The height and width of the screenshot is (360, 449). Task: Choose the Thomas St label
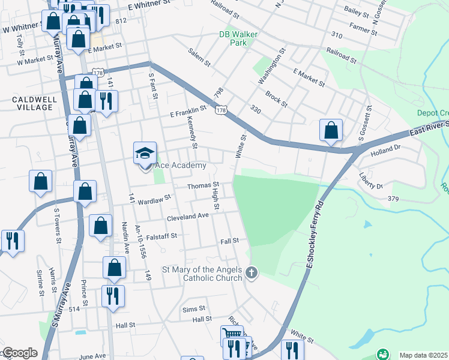[202, 186]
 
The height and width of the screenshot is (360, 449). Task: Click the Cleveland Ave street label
[187, 216]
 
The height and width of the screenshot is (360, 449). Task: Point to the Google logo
[19, 353]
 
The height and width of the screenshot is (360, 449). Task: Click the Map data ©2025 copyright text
[423, 355]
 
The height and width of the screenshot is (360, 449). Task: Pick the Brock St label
[276, 99]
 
